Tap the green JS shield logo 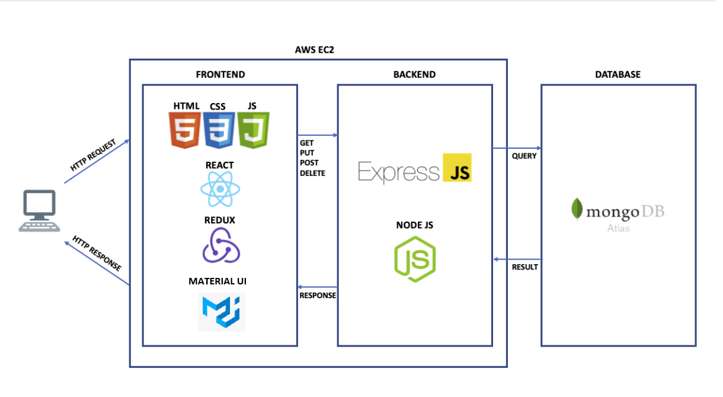(254, 130)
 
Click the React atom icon (220, 189)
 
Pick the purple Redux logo (220, 245)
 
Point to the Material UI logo (222, 312)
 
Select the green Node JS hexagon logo (415, 259)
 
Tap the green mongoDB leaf (576, 209)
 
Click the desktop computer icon (40, 211)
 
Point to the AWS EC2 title (315, 50)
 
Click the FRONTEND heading (220, 75)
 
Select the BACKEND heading (414, 75)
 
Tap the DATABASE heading (618, 75)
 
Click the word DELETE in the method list (312, 174)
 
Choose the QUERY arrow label (524, 156)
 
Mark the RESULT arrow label (524, 267)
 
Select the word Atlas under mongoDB (618, 228)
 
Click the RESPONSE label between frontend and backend (318, 295)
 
